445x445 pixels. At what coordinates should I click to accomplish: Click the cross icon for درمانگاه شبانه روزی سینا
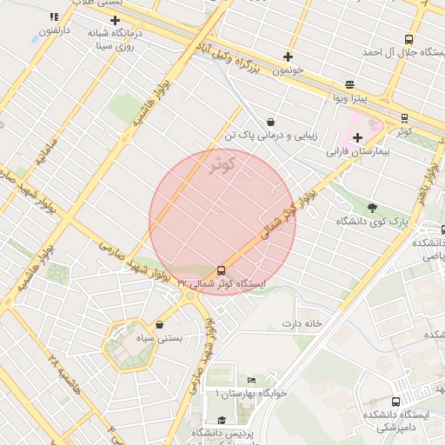point(115,20)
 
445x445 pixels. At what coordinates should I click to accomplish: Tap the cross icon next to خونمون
point(288,56)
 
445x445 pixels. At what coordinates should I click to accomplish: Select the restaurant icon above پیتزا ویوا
point(349,84)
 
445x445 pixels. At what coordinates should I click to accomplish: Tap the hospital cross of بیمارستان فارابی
point(357,137)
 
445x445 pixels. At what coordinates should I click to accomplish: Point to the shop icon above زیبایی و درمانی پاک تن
point(272,122)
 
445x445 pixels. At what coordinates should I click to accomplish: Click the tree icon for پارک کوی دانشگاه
point(373,208)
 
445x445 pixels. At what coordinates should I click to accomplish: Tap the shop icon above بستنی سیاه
point(159,324)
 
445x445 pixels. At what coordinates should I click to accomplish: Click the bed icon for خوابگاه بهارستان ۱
point(252,381)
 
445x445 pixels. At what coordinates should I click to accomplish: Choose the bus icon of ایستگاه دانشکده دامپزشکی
point(396,402)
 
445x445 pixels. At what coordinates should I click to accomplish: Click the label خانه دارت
point(302,323)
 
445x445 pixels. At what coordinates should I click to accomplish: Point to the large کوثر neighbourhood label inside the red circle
point(223,164)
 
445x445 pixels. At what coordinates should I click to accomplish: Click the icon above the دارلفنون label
point(54,17)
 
